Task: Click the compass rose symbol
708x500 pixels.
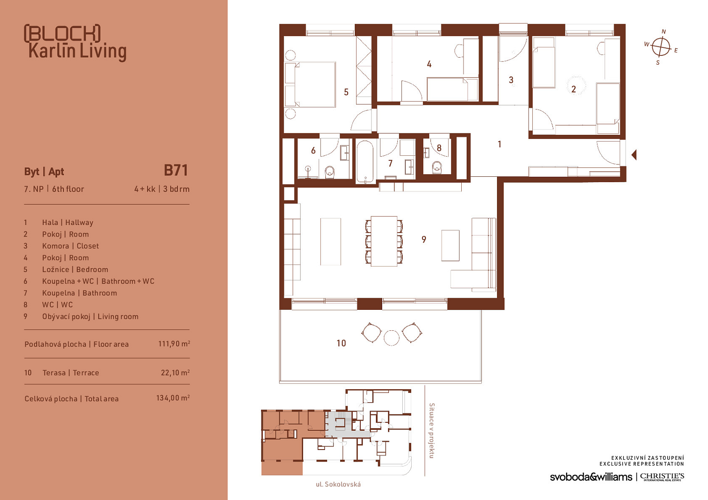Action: (x=661, y=47)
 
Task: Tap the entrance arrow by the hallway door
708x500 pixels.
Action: (x=634, y=154)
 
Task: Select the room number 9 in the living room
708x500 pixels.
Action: (x=424, y=240)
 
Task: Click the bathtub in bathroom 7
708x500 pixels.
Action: (x=365, y=162)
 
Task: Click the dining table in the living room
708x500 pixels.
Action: (x=384, y=241)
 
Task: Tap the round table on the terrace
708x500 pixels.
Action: (x=391, y=337)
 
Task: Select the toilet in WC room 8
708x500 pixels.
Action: (x=437, y=167)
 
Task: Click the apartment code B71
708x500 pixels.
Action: (x=176, y=171)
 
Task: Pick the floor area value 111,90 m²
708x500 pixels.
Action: (x=174, y=343)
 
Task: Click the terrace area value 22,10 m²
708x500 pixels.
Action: (x=175, y=372)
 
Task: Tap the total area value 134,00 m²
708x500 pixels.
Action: (x=173, y=398)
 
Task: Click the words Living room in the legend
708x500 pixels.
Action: (x=118, y=317)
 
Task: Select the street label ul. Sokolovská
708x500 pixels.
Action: (x=338, y=484)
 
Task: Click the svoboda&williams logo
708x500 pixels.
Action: (x=591, y=477)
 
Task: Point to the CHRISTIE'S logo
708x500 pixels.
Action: (x=662, y=477)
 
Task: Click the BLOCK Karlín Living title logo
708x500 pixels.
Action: (x=75, y=42)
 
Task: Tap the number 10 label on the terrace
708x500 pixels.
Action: (x=341, y=343)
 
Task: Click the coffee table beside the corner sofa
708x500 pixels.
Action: (x=451, y=246)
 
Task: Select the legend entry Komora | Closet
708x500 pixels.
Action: (x=71, y=246)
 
